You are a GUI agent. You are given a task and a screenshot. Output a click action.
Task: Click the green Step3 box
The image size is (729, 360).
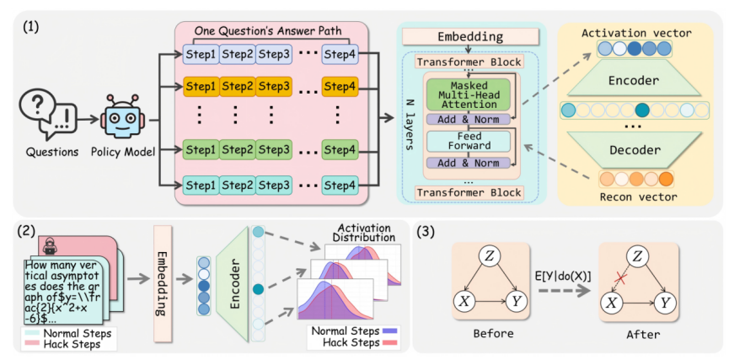coord(274,151)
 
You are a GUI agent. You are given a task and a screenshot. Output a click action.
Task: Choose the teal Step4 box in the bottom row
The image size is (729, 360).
coord(340,185)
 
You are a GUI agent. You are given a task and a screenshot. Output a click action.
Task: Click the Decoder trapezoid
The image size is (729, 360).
coord(635,149)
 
